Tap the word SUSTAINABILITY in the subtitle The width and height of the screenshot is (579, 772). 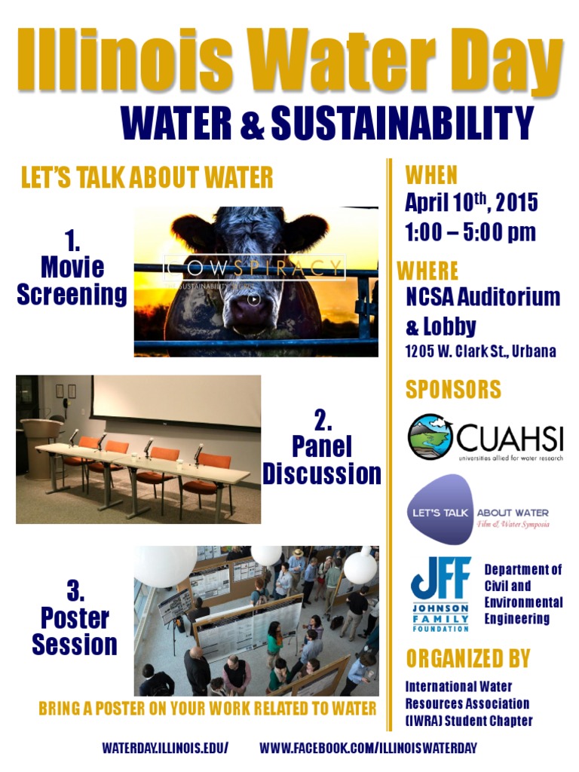click(401, 123)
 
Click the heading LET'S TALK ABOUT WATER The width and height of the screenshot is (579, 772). click(147, 179)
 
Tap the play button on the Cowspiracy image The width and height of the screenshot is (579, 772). click(255, 299)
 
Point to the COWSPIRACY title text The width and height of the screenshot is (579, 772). click(255, 268)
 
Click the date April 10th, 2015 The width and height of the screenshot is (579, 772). click(471, 204)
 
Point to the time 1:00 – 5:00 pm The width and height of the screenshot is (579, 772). click(470, 232)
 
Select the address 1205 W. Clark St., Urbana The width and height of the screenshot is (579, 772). click(480, 352)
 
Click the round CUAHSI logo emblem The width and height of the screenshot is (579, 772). click(430, 437)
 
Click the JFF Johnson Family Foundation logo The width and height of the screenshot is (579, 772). click(441, 593)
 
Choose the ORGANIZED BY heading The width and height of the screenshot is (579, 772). click(467, 658)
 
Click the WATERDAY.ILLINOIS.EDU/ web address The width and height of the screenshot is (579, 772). click(165, 748)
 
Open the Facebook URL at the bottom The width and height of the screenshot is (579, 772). click(368, 748)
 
